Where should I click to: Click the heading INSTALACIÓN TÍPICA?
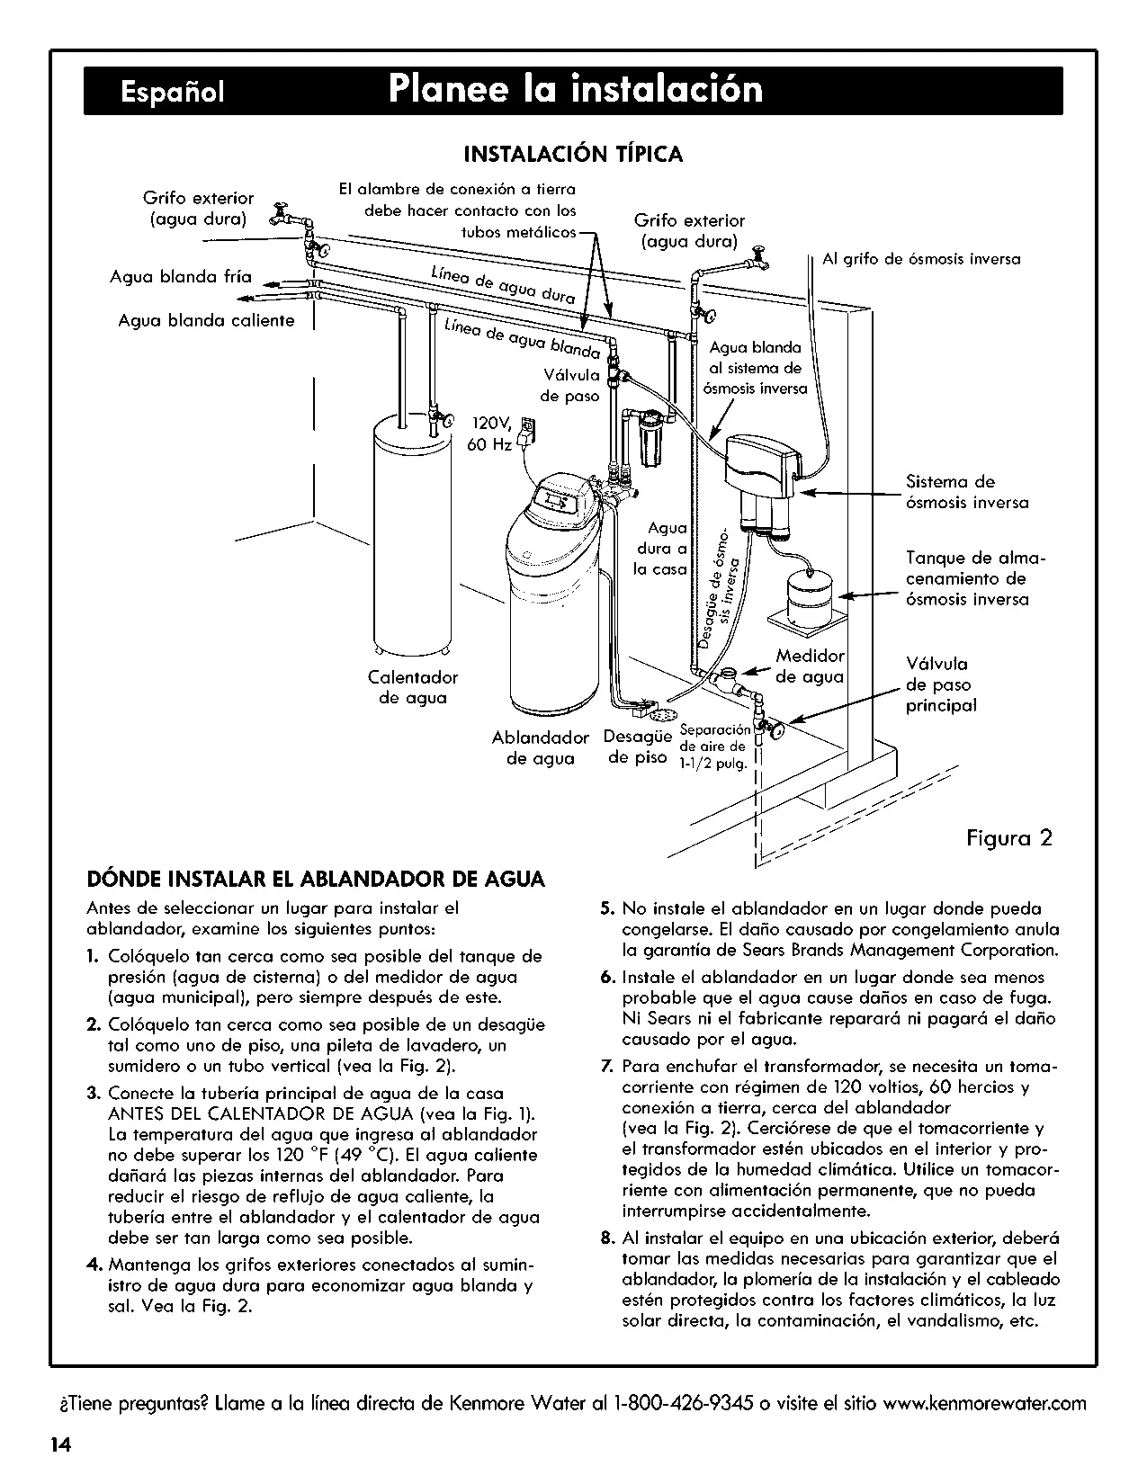coord(573,154)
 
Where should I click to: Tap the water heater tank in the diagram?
coord(413,532)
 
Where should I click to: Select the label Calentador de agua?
coord(413,687)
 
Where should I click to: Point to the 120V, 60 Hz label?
coord(489,434)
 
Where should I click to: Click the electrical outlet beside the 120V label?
coord(528,430)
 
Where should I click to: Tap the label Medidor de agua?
coord(811,666)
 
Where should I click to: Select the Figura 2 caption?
coord(1009,837)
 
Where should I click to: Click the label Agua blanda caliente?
coord(206,320)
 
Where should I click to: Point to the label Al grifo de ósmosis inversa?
coord(921,259)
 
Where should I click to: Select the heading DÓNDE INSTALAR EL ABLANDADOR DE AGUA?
coord(316,879)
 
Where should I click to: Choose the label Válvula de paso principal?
coord(941,684)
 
